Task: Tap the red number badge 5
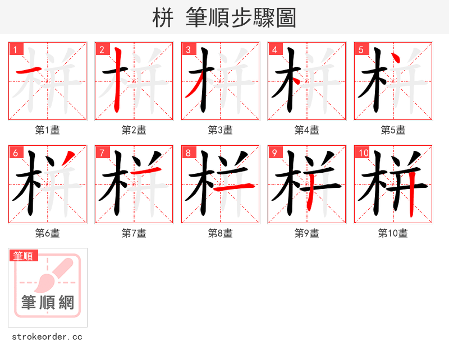click(361, 49)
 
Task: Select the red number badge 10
click(363, 153)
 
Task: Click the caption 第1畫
click(48, 130)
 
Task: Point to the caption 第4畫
click(307, 130)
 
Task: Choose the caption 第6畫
click(48, 233)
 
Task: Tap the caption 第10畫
click(393, 233)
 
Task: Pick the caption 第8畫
click(221, 233)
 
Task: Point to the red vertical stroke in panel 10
click(412, 193)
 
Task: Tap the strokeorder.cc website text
click(47, 337)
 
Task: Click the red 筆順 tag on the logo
click(24, 256)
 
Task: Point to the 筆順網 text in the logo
click(48, 303)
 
